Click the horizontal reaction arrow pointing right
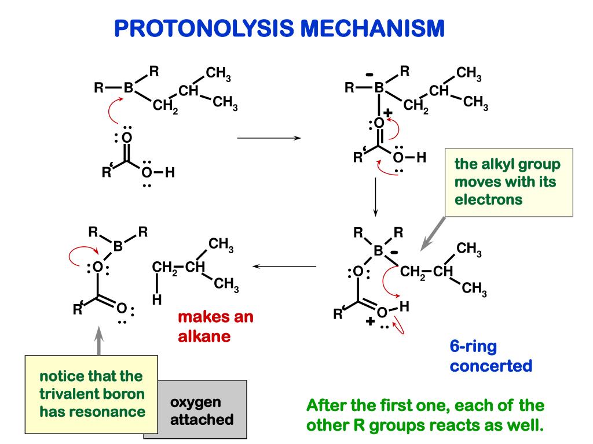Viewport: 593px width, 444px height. coord(269,138)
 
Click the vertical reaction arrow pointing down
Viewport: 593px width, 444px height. coord(376,197)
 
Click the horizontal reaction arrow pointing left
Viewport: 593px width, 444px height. coord(284,267)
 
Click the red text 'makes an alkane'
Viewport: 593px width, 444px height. coord(215,327)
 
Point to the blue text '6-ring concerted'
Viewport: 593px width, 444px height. coord(490,356)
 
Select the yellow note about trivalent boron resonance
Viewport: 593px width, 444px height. coord(91,394)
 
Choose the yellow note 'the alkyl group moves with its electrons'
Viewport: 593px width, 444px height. coord(508,182)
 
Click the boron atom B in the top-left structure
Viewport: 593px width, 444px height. coord(129,88)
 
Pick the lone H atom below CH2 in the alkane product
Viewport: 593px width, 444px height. coord(156,300)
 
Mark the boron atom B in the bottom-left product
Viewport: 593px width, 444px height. coord(118,246)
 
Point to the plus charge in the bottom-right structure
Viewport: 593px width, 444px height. coord(369,321)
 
